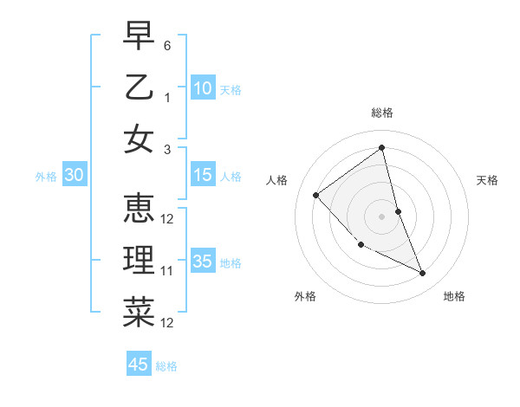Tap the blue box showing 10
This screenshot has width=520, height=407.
(202, 88)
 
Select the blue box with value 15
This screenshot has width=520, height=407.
(202, 175)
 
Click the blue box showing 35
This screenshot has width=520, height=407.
(202, 262)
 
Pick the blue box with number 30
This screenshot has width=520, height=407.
(75, 176)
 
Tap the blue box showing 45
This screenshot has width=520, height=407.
(139, 365)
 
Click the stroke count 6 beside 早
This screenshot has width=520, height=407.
(167, 45)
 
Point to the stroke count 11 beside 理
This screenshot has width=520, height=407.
(167, 271)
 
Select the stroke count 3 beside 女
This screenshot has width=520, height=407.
(167, 150)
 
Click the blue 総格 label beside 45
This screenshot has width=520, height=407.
(166, 366)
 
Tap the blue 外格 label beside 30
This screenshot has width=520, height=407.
(46, 177)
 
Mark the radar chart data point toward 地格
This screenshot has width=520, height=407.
(423, 274)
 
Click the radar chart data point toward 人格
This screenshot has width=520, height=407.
(316, 195)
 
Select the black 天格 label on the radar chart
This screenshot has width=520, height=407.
(487, 180)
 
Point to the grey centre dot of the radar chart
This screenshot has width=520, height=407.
(381, 216)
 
